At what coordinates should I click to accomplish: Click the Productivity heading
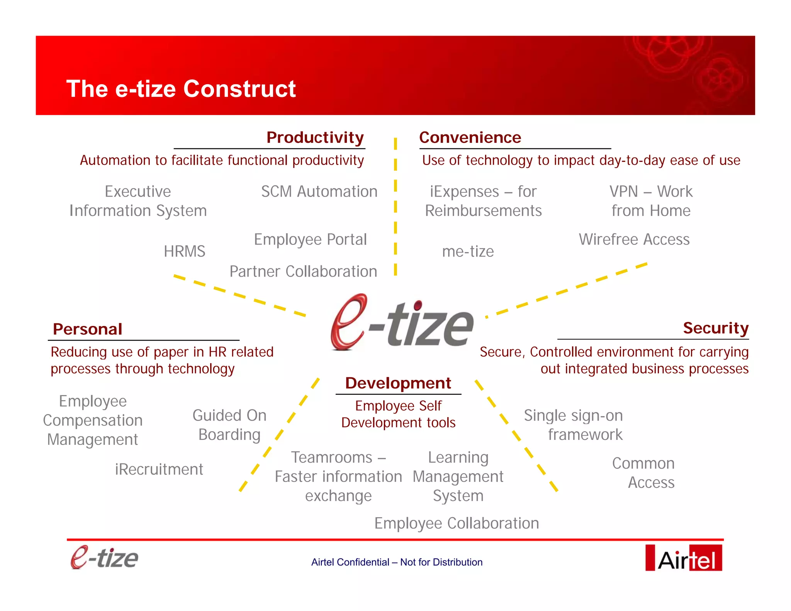point(315,137)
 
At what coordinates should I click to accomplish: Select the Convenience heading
point(470,137)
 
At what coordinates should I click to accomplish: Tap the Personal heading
point(88,329)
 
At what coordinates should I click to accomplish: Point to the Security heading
point(715,328)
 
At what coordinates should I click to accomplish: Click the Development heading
point(398,383)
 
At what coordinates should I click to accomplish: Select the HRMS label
point(184,251)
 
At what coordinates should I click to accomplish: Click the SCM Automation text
point(319,192)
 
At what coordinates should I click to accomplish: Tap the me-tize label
point(468,251)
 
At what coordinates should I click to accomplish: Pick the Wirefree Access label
point(634,239)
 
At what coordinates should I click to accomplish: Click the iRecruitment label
point(159,469)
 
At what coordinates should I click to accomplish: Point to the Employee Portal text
point(310,239)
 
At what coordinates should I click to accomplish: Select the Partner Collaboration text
point(303,272)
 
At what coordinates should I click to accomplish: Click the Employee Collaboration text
point(457,523)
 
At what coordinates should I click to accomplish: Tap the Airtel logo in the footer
point(683,558)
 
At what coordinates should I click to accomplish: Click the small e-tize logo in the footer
point(104,558)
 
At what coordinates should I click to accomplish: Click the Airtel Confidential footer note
point(397,562)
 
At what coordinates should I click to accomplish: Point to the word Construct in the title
point(239,89)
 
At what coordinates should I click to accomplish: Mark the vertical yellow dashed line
point(395,207)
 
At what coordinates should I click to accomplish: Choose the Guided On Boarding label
point(229,425)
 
